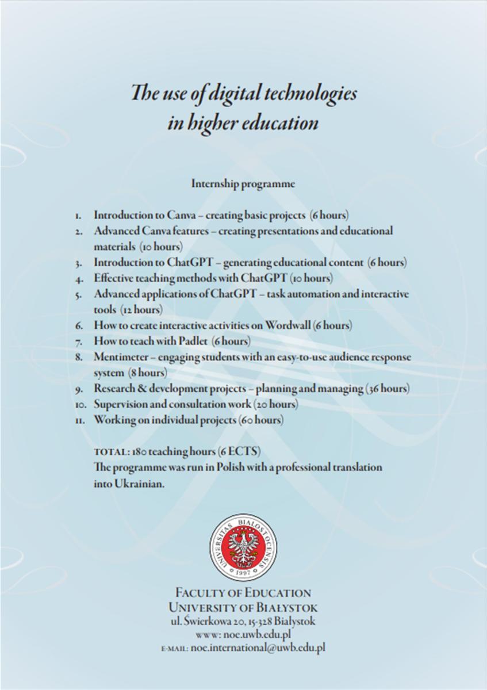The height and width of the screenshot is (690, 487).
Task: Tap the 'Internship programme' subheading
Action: pyautogui.click(x=243, y=185)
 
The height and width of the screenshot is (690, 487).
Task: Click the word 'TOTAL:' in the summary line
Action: pyautogui.click(x=112, y=453)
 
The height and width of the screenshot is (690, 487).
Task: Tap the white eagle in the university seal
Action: pyautogui.click(x=243, y=546)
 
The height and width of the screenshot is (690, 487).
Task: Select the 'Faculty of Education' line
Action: pyautogui.click(x=243, y=593)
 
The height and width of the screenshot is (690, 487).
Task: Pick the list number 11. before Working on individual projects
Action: pyautogui.click(x=80, y=420)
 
